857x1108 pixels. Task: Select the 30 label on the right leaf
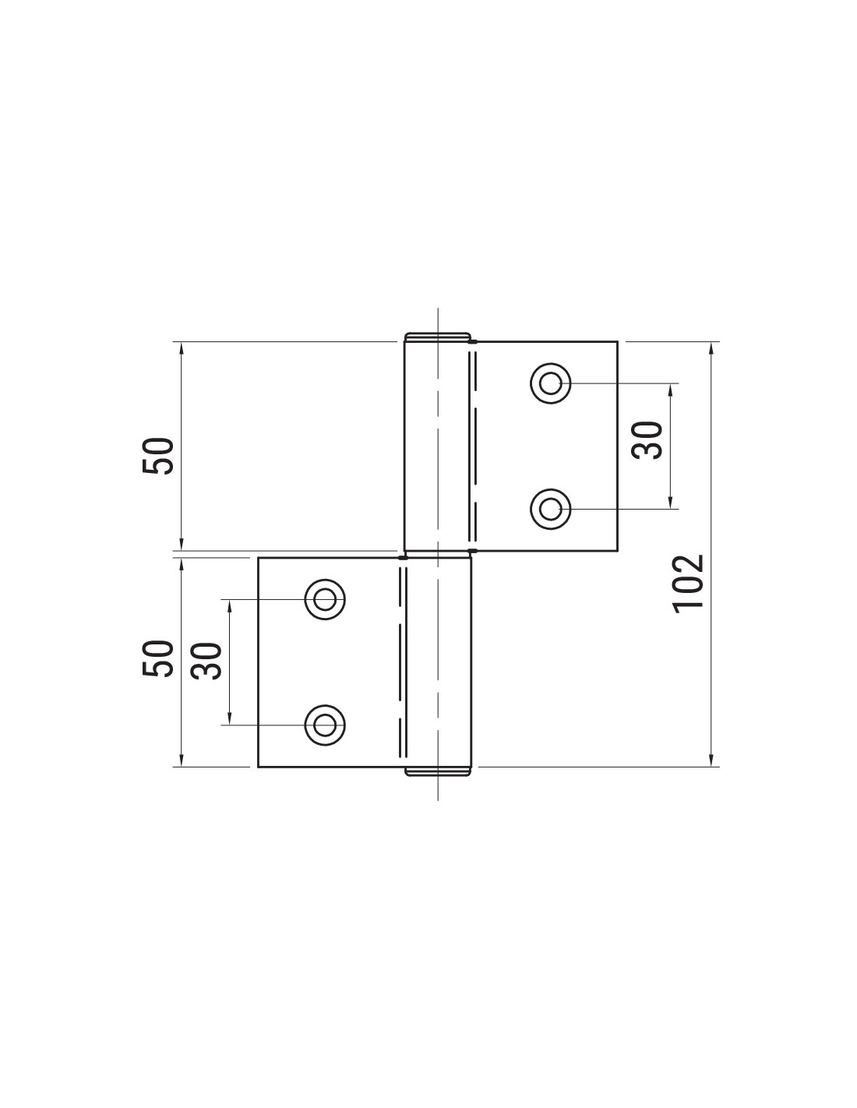(x=647, y=440)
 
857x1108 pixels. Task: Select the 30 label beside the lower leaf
(x=206, y=661)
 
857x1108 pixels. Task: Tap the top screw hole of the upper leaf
(x=550, y=383)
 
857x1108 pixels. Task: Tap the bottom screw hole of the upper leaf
(x=550, y=509)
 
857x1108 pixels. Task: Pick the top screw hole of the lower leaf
(x=325, y=599)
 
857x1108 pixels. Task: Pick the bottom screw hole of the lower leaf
(x=325, y=725)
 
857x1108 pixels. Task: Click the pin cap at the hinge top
(x=438, y=337)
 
